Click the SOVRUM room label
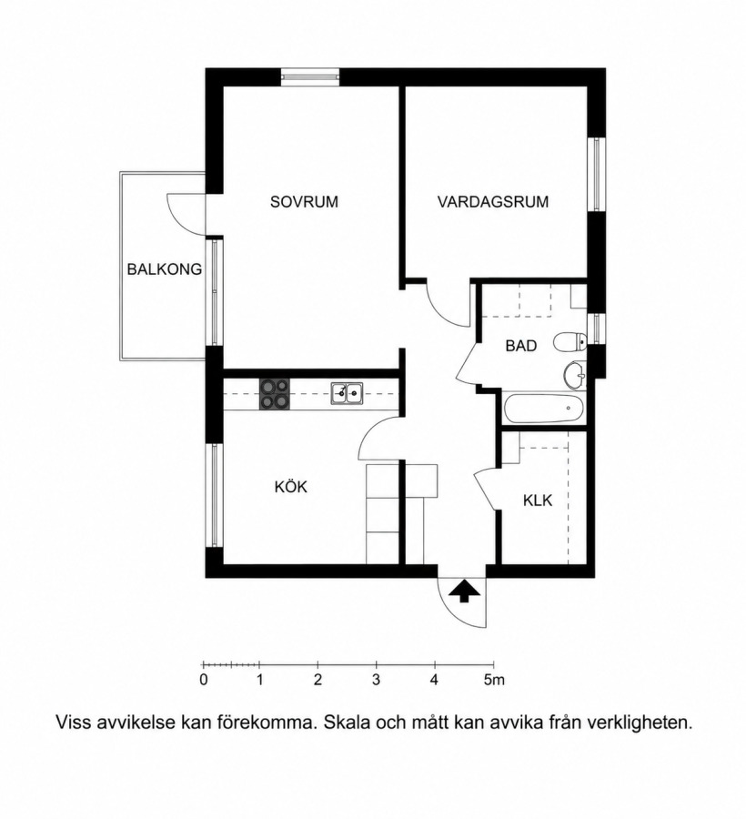tap(304, 202)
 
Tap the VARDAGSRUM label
tap(493, 202)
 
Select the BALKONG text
tap(165, 269)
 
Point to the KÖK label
tap(291, 487)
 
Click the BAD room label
tap(521, 346)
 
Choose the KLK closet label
tap(538, 500)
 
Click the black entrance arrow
tap(462, 591)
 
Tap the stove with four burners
tap(275, 394)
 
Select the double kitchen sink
tap(348, 393)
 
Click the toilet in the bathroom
tap(570, 343)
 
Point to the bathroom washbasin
tap(575, 375)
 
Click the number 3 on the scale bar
tap(376, 680)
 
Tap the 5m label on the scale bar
tap(494, 680)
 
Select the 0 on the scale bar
tap(204, 680)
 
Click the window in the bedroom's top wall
tap(309, 76)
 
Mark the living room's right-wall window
tap(597, 174)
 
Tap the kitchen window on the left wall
tap(214, 495)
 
